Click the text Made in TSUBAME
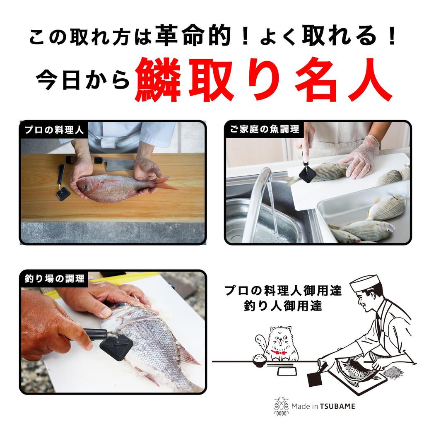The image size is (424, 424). [323, 406]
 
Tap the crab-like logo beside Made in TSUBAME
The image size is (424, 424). [282, 406]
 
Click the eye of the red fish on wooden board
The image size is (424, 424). [85, 188]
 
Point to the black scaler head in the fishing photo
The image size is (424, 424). [116, 346]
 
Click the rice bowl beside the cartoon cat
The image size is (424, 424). [259, 359]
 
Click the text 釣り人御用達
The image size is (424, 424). [283, 307]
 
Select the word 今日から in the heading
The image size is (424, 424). [83, 81]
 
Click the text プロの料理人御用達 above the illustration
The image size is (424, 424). [283, 290]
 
